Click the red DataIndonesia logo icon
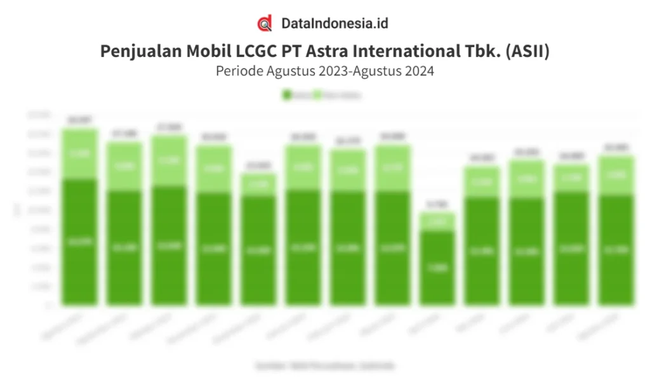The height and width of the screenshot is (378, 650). coord(265,24)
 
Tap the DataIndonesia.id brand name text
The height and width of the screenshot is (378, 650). coord(335,24)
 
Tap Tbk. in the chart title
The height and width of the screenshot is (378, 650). coord(487,51)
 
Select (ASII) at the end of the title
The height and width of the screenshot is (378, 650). coord(528,51)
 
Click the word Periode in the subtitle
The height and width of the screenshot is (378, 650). coord(237,71)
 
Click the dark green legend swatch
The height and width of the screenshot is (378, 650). coord(286,95)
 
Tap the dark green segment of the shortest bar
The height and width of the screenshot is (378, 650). coord(437,266)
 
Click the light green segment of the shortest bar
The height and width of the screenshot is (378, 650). coord(437,221)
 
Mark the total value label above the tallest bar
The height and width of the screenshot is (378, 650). coord(79,120)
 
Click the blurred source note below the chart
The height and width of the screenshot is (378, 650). coord(324,366)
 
